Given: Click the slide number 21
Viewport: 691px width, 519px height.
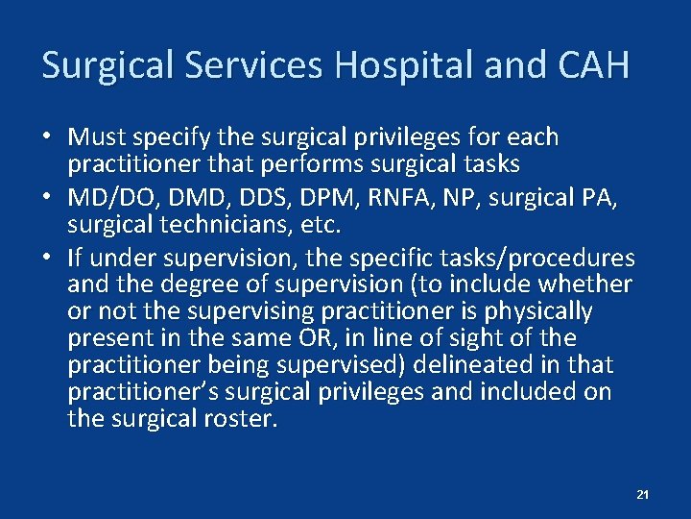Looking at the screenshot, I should click(x=643, y=494).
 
